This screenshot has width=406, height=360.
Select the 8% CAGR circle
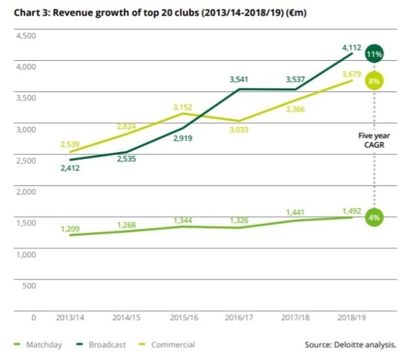coord(375,81)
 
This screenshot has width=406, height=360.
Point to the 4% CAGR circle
coord(375,218)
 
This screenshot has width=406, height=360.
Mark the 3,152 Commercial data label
coord(184,106)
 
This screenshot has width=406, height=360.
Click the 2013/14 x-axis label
coord(71,317)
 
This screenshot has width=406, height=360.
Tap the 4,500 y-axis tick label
coord(24,35)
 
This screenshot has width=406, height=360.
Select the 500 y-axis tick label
coord(28,285)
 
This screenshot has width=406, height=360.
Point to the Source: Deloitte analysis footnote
coord(350,344)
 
